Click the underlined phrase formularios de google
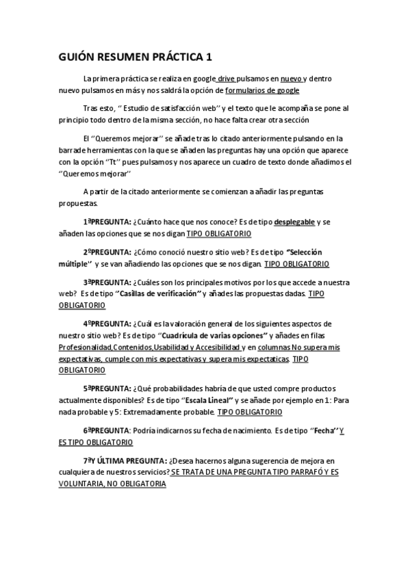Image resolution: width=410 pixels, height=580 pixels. pyautogui.click(x=262, y=90)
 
